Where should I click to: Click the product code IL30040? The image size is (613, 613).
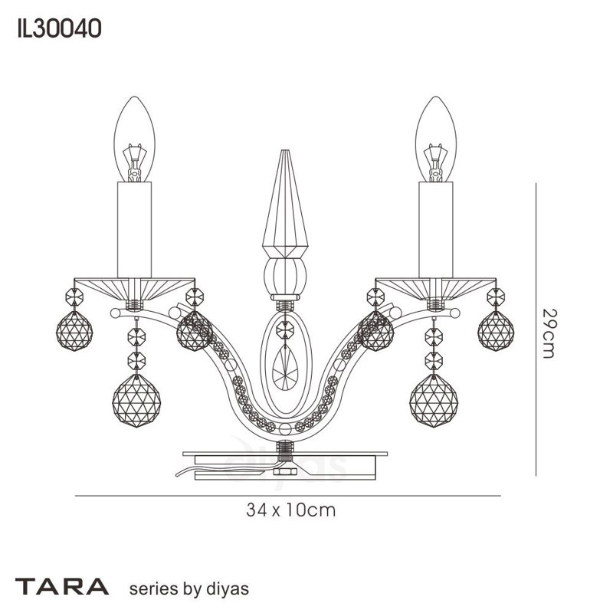(x=60, y=29)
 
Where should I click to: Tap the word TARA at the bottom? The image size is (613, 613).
(x=62, y=586)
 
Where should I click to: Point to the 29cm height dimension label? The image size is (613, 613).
(x=548, y=333)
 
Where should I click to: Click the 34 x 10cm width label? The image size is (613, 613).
(x=291, y=510)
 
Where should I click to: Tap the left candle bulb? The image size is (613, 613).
(x=135, y=139)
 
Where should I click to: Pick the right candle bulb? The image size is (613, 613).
(x=436, y=139)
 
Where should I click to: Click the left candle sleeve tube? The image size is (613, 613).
(x=135, y=230)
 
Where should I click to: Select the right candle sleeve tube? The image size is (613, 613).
(x=436, y=230)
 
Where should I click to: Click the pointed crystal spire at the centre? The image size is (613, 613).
(x=285, y=203)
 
